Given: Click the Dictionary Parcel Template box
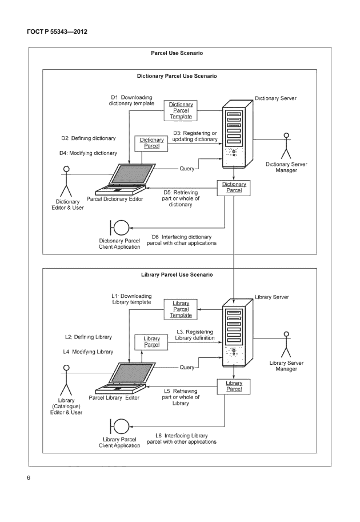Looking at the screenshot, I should click(181, 110).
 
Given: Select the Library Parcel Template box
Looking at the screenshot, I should click(181, 309).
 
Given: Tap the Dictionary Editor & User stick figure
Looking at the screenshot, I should click(66, 181).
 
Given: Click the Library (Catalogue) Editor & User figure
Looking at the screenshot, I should click(66, 380).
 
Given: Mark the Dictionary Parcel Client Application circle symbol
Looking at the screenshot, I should click(120, 228).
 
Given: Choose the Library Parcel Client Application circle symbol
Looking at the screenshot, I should click(120, 427).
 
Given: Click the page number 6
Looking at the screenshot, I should click(28, 477).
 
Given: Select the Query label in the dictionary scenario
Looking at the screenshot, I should click(188, 169).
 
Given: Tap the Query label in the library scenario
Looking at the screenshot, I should click(188, 367).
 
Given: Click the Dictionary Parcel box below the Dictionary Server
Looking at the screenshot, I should click(234, 188).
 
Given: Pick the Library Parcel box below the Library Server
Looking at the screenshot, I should click(234, 386).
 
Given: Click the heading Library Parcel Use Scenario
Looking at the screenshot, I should click(177, 274).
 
